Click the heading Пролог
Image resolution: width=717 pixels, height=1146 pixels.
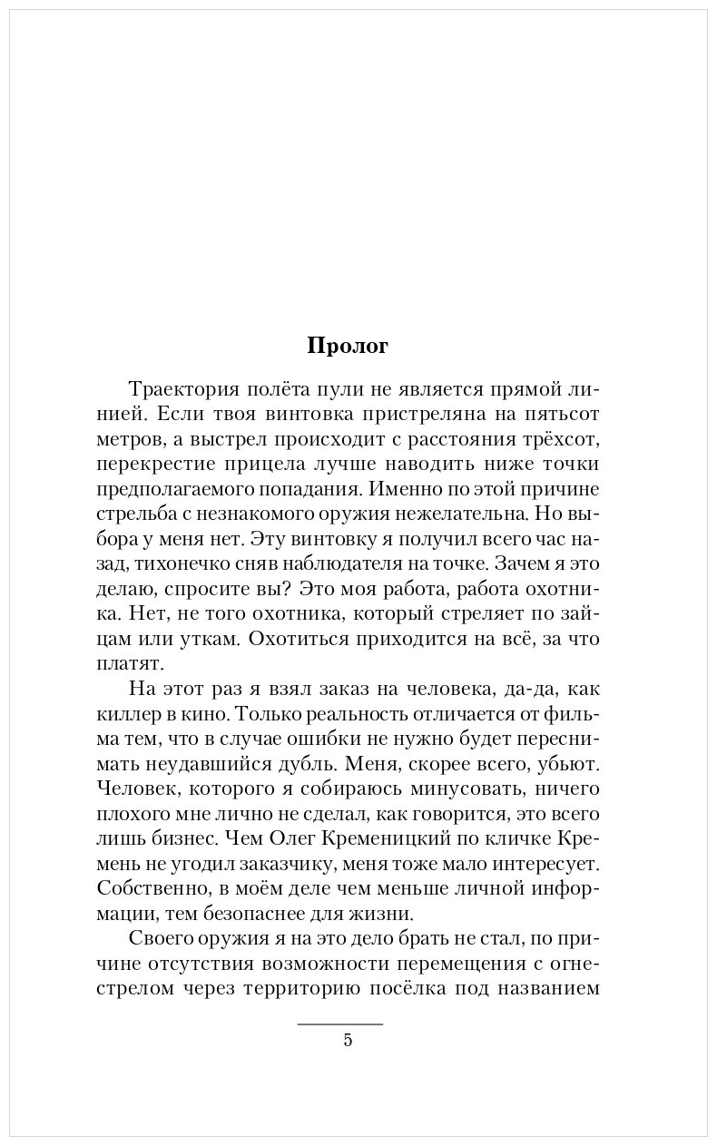click(x=348, y=347)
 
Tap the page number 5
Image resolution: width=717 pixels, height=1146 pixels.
click(x=348, y=1041)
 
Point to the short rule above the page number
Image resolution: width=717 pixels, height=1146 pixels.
click(x=340, y=1024)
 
